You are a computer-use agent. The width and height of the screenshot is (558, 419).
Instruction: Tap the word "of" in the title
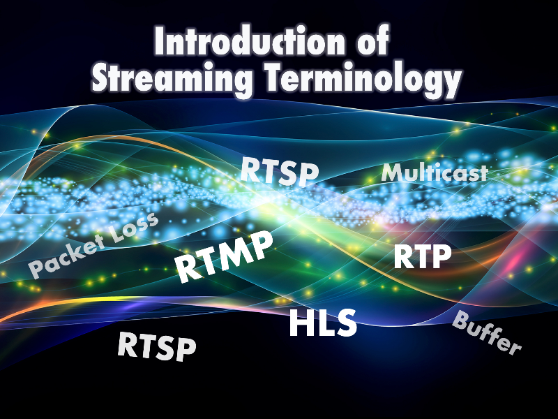pyautogui.click(x=372, y=40)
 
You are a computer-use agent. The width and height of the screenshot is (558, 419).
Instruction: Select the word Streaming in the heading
pyautogui.click(x=172, y=78)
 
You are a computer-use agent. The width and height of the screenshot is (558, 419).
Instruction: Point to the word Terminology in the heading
pyautogui.click(x=363, y=80)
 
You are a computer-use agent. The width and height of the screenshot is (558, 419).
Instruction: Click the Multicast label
pyautogui.click(x=435, y=172)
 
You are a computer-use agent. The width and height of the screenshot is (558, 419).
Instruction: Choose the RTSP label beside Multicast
pyautogui.click(x=280, y=171)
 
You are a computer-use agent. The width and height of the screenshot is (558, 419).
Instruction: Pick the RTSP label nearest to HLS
pyautogui.click(x=156, y=346)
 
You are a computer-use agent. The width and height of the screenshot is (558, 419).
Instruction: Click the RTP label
pyautogui.click(x=423, y=256)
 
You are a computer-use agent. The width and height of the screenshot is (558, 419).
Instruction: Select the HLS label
pyautogui.click(x=323, y=323)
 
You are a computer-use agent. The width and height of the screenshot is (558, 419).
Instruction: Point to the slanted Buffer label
pyautogui.click(x=486, y=332)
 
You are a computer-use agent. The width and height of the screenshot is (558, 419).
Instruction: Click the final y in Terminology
pyautogui.click(x=452, y=84)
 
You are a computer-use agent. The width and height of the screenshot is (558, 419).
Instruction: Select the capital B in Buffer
pyautogui.click(x=460, y=319)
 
